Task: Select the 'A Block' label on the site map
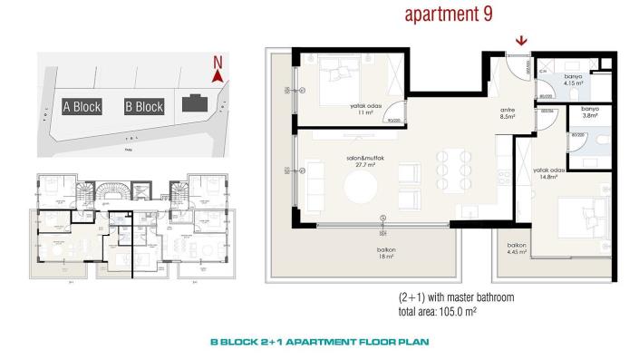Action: pyautogui.click(x=82, y=106)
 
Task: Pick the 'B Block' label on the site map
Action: pyautogui.click(x=143, y=106)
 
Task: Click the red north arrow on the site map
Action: pyautogui.click(x=216, y=77)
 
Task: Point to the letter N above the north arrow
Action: pyautogui.click(x=216, y=63)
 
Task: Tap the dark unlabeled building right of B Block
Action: pyautogui.click(x=193, y=103)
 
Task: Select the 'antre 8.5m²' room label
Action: pyautogui.click(x=508, y=112)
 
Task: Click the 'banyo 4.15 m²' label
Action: pyautogui.click(x=573, y=80)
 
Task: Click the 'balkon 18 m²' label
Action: pyautogui.click(x=386, y=254)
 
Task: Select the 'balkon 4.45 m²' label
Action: pyautogui.click(x=517, y=249)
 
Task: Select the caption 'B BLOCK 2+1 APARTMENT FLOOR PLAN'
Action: pyautogui.click(x=319, y=344)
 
